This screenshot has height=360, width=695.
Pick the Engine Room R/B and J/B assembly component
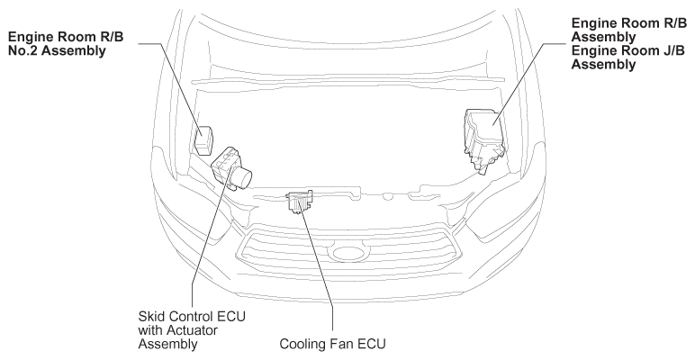(484, 138)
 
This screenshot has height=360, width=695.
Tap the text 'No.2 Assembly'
(57, 51)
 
